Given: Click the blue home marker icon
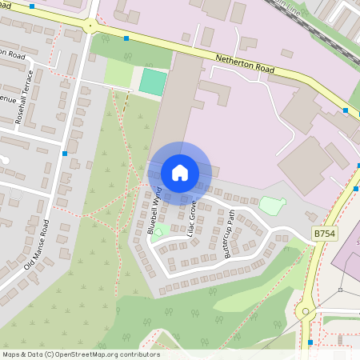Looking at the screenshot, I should (x=180, y=172).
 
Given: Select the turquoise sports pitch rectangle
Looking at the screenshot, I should (x=152, y=81).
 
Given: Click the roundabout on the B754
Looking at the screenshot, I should (x=305, y=311).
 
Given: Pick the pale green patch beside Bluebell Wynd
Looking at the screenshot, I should (x=159, y=232).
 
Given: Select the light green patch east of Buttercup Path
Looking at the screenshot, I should (x=273, y=206).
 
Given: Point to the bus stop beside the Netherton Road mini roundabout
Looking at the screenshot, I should (x=126, y=38).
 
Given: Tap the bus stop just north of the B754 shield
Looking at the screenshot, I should (x=356, y=189).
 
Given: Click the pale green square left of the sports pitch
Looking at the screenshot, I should (x=118, y=73).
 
